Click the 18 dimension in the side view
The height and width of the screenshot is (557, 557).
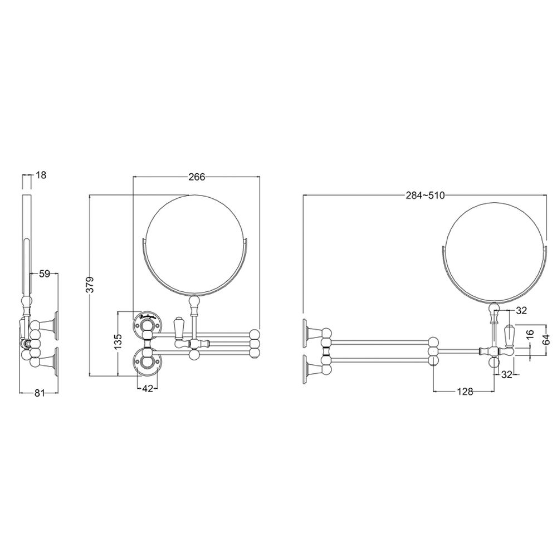41,175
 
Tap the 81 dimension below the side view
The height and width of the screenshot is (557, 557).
40,393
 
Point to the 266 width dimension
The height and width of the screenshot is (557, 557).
197,177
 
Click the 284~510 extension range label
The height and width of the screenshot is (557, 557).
424,195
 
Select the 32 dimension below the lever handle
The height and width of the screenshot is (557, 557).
506,375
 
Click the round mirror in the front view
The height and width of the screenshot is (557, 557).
194,243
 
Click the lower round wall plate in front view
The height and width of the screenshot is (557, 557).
148,361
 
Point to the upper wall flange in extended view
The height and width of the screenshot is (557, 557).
307,331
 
